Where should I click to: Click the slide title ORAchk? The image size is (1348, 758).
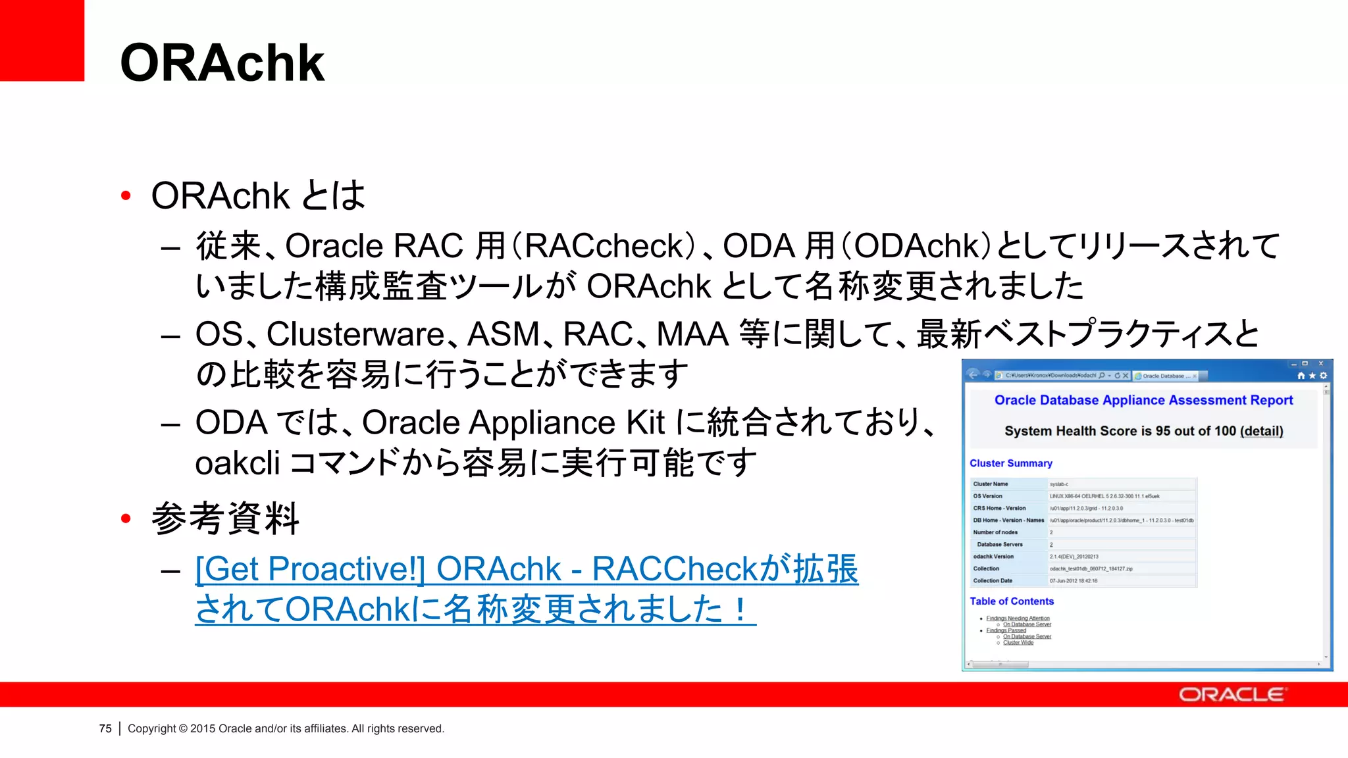[222, 63]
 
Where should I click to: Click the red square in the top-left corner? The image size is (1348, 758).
[41, 39]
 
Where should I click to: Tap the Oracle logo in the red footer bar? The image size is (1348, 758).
[1231, 695]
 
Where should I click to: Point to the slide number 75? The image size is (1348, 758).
[105, 728]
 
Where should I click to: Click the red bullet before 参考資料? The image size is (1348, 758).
[126, 518]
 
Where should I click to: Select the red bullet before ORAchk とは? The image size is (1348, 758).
[126, 195]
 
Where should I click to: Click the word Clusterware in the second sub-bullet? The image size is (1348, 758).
[355, 334]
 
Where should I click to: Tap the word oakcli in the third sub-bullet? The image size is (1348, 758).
[238, 463]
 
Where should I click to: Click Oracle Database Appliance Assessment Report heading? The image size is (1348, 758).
[1143, 400]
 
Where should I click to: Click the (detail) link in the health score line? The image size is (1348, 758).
[1261, 431]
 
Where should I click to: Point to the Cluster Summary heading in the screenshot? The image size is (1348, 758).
[1010, 463]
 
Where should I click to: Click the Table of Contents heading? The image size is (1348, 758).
[1012, 601]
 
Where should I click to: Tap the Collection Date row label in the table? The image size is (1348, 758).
[993, 580]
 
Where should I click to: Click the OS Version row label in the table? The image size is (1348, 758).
[987, 496]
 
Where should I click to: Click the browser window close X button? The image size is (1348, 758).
[1320, 363]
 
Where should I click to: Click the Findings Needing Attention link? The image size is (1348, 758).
[1018, 619]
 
